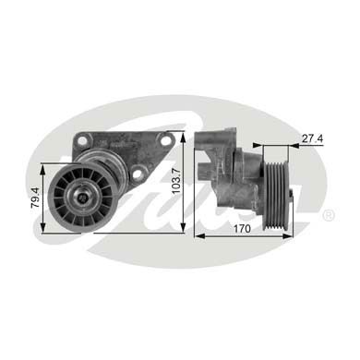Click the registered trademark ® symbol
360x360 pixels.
[x=329, y=215]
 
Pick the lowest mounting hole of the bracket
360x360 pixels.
[x=138, y=173]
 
